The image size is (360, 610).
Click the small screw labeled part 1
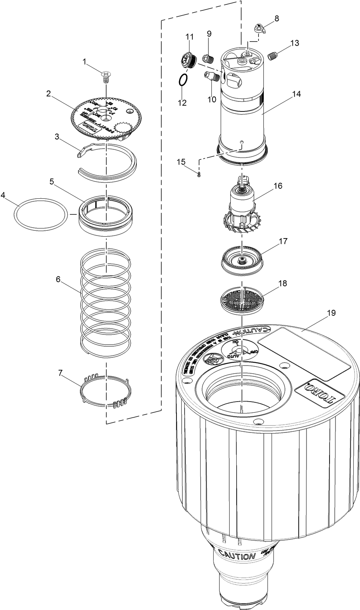[x=106, y=77]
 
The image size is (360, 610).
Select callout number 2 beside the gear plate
[x=49, y=94]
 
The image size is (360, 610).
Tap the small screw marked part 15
[x=199, y=174]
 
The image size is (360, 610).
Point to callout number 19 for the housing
[x=331, y=313]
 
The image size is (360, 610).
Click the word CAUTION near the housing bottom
[x=237, y=556]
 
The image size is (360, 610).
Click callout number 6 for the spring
[x=58, y=279]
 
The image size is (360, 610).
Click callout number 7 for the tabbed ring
[x=60, y=373]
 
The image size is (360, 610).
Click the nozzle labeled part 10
[x=212, y=77]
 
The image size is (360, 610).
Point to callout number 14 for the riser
[x=296, y=94]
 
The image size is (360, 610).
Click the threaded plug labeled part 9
[x=208, y=58]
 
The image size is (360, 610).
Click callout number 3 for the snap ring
[x=56, y=136]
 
